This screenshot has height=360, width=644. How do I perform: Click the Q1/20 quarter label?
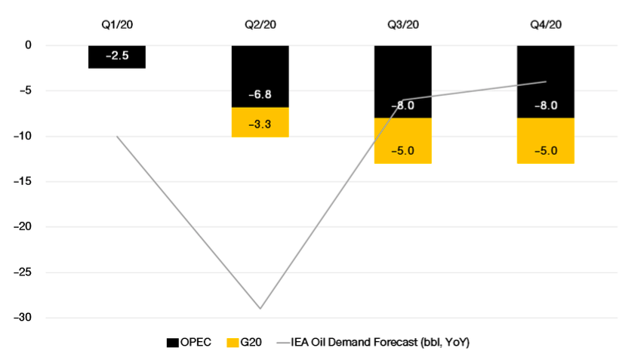117,24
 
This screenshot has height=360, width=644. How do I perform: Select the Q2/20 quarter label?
260,24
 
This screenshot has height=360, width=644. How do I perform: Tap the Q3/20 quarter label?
402,24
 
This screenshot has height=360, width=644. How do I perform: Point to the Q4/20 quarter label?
545,24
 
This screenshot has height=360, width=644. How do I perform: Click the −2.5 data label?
117,56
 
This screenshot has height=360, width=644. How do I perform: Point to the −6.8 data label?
260,96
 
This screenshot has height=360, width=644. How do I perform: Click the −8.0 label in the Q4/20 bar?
545,106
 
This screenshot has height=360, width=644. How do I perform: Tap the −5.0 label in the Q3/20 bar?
402,150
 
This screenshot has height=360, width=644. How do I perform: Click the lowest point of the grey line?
260,308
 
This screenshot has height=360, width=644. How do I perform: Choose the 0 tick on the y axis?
28,45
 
